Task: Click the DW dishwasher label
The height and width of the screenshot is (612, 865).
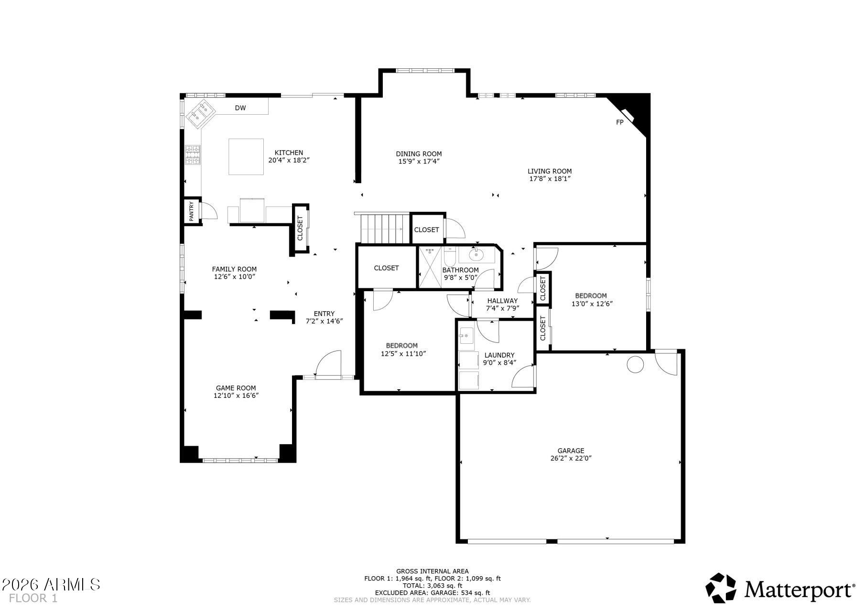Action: click(x=240, y=108)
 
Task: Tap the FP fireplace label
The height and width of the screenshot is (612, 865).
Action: click(x=620, y=122)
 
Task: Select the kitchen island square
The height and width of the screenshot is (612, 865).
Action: click(x=246, y=156)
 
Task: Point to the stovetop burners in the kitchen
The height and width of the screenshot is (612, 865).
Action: click(x=193, y=155)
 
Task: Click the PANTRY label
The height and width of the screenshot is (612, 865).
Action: click(x=192, y=211)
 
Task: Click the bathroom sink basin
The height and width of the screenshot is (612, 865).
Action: click(x=476, y=254)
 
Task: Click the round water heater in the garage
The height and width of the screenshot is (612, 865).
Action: click(x=635, y=364)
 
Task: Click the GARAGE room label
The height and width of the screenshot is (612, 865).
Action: click(x=571, y=450)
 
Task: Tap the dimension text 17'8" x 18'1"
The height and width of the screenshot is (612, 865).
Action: click(x=550, y=179)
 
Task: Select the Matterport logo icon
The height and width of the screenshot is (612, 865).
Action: click(x=721, y=588)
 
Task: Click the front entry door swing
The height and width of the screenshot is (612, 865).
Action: click(x=328, y=364)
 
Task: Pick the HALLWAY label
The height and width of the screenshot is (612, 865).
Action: click(x=502, y=301)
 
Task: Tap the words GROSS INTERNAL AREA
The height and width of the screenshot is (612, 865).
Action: click(x=432, y=571)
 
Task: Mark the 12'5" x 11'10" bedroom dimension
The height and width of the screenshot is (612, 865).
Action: click(x=403, y=354)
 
